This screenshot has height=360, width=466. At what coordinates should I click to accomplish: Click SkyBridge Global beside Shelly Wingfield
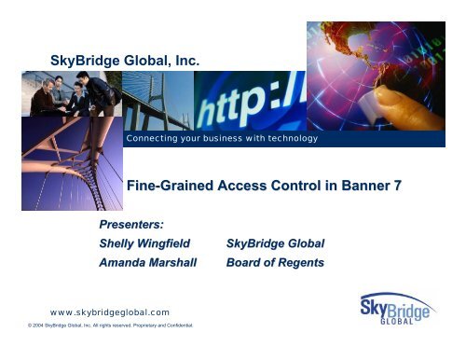coord(276,243)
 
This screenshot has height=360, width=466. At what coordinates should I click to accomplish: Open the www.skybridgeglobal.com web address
coord(110,312)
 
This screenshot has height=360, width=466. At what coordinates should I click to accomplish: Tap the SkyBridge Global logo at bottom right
coord(394,309)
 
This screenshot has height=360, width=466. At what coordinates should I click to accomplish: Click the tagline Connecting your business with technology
coord(222,139)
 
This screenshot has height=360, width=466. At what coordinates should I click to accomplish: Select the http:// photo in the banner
coord(250,99)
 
